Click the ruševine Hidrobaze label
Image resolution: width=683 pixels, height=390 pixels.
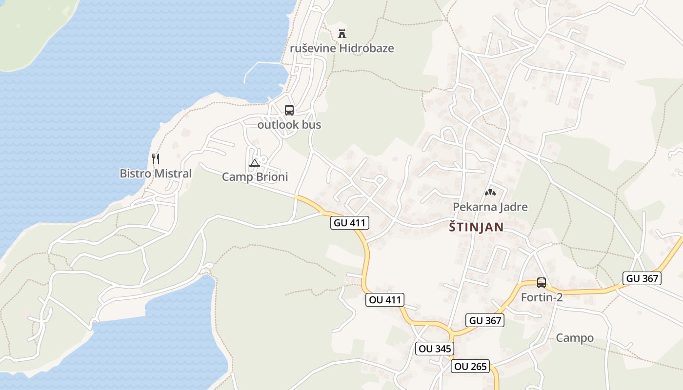click(x=341, y=48)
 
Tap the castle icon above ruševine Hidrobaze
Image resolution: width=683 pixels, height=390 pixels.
click(x=342, y=34)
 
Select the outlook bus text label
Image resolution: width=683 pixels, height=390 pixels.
click(x=289, y=125)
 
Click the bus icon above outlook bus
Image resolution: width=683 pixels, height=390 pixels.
click(x=289, y=110)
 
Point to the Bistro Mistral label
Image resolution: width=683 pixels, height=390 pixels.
click(x=156, y=174)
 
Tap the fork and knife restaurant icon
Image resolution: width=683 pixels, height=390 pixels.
click(x=156, y=158)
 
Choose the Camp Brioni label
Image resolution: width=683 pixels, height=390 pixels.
click(x=255, y=177)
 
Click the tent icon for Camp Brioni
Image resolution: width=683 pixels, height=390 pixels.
click(x=254, y=163)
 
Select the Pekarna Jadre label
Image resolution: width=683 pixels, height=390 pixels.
click(x=490, y=207)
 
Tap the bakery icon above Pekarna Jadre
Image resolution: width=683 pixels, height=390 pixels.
click(x=490, y=193)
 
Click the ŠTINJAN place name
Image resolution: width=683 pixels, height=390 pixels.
click(x=476, y=227)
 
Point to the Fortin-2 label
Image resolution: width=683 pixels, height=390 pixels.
click(x=542, y=297)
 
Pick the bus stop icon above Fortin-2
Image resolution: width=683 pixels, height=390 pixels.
click(x=542, y=282)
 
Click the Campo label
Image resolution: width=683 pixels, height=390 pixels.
click(x=575, y=338)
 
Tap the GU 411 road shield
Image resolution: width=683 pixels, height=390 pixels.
click(x=350, y=223)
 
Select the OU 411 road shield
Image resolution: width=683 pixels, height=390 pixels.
click(x=385, y=300)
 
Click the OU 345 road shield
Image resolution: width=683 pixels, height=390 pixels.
click(x=435, y=349)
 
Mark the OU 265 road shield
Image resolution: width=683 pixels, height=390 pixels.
click(x=470, y=367)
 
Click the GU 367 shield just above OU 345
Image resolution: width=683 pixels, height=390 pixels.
click(x=484, y=320)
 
